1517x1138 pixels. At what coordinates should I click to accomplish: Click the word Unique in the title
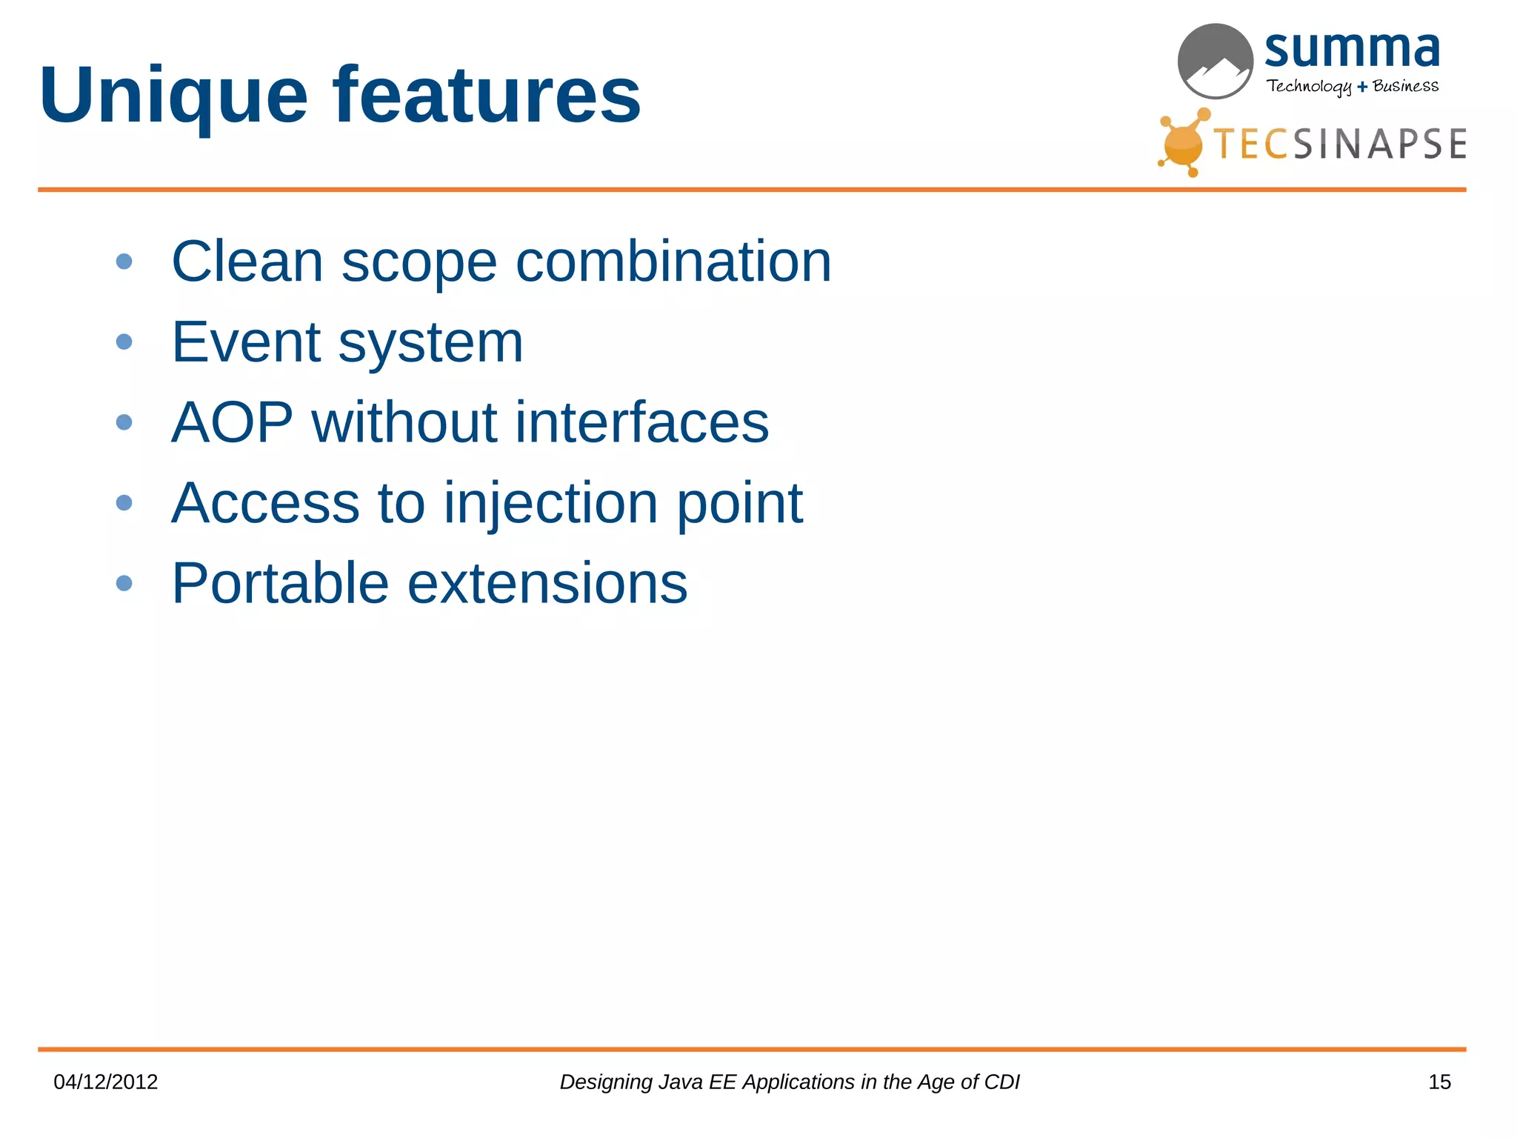point(173,96)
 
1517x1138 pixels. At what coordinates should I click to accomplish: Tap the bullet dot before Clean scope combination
point(124,262)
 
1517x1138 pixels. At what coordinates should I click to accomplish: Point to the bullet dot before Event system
point(124,342)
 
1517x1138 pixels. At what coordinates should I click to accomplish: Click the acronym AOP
point(232,422)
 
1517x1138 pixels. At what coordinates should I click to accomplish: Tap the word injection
point(550,503)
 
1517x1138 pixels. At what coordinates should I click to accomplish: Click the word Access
point(265,503)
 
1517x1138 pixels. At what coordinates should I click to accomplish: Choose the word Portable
point(280,584)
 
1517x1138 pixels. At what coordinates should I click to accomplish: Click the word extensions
point(547,584)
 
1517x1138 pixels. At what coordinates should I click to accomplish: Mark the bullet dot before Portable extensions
point(124,584)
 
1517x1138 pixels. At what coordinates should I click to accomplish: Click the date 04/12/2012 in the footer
point(106,1082)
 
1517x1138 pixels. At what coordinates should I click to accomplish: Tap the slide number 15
point(1438,1082)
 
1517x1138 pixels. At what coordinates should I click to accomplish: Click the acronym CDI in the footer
point(1001,1082)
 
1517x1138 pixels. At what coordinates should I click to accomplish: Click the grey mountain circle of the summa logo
point(1215,61)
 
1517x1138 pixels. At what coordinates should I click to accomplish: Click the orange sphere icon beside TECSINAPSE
point(1182,144)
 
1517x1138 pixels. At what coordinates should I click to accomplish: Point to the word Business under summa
point(1405,86)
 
